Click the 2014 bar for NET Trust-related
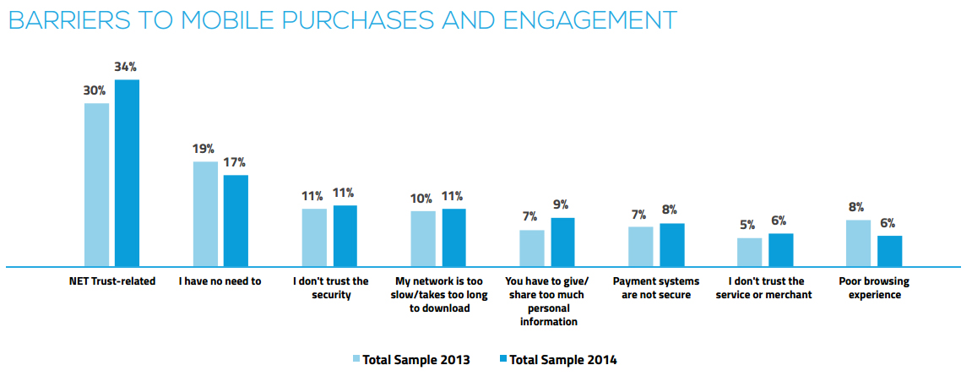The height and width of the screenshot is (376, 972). [127, 173]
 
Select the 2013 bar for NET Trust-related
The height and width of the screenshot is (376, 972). [96, 185]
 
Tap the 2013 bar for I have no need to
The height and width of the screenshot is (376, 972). [205, 214]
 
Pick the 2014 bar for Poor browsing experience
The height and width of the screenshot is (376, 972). [890, 251]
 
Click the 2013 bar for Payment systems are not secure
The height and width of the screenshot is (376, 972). [641, 246]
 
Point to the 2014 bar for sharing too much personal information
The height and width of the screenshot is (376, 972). [563, 242]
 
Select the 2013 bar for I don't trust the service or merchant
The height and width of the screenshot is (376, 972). [749, 252]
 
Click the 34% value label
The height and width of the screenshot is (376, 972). [127, 67]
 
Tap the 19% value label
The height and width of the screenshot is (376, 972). [204, 150]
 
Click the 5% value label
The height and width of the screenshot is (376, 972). [749, 226]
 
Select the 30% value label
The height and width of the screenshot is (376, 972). [94, 90]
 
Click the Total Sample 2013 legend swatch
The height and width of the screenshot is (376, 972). [356, 360]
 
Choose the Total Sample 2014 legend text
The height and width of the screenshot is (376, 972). [563, 360]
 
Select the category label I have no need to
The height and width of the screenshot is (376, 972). [220, 281]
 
